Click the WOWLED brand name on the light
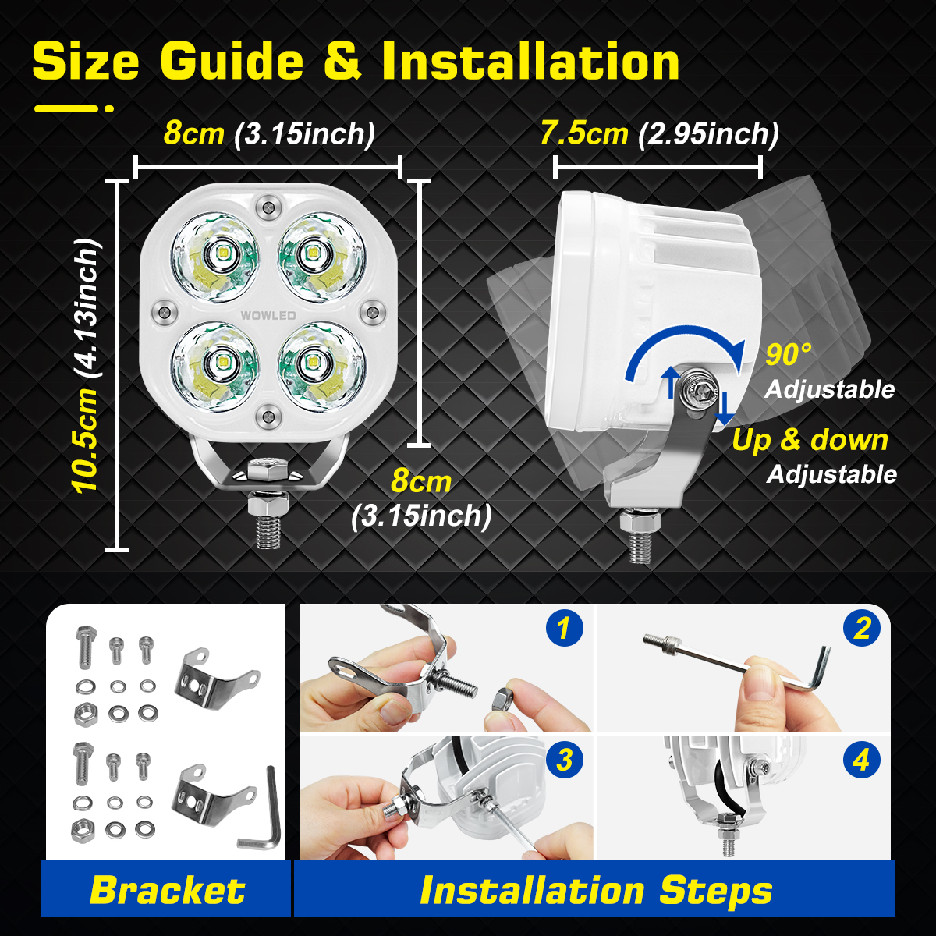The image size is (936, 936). [268, 315]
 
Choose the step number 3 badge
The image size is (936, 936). [564, 759]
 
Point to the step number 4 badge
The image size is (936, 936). [861, 759]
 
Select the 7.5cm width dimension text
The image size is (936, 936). [583, 133]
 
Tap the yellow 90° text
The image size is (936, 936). [788, 355]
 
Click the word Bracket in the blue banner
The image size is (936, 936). [167, 890]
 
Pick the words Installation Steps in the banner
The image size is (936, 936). [596, 890]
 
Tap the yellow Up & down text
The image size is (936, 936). [810, 440]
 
